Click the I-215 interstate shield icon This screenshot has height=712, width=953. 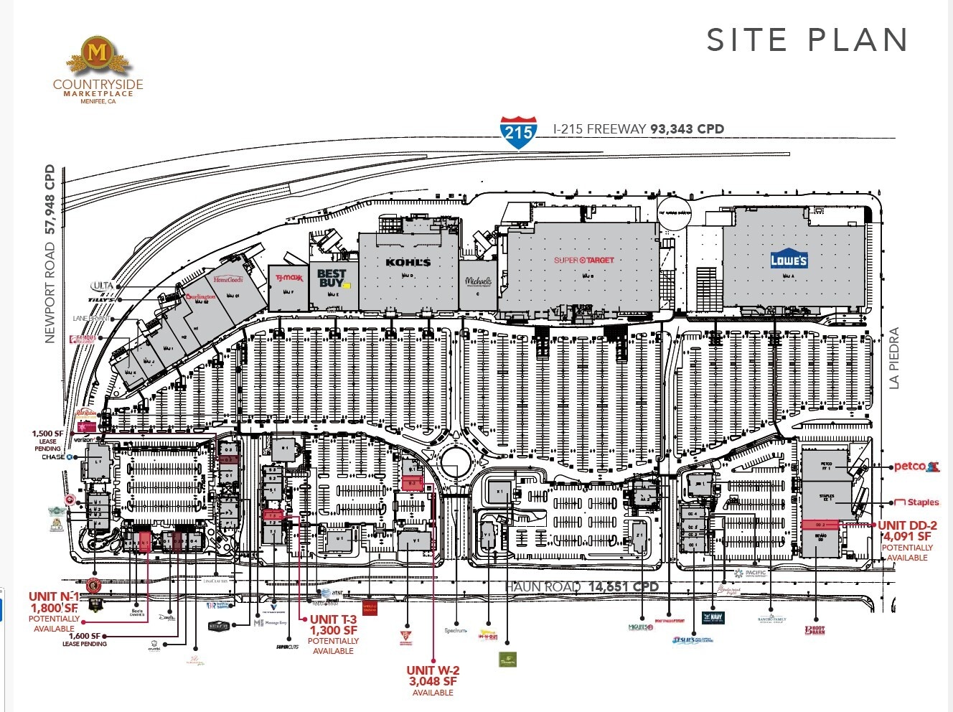[518, 132]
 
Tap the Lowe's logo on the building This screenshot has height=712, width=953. [789, 261]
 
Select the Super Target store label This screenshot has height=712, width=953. [583, 260]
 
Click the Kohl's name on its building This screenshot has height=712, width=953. [408, 263]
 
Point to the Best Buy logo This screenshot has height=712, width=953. [331, 278]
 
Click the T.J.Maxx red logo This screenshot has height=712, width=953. [288, 278]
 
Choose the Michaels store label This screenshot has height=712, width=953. [479, 281]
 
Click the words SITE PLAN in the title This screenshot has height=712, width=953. [807, 40]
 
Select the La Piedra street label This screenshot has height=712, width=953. [893, 358]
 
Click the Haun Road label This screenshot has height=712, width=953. [543, 587]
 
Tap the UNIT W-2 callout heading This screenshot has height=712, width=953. [433, 670]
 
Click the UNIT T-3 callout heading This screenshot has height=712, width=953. [333, 619]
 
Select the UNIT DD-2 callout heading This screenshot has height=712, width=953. [907, 525]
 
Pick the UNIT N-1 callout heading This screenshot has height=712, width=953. [54, 596]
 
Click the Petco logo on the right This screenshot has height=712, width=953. [916, 467]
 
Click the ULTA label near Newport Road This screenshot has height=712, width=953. [103, 286]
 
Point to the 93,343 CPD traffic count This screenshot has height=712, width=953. [687, 129]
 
